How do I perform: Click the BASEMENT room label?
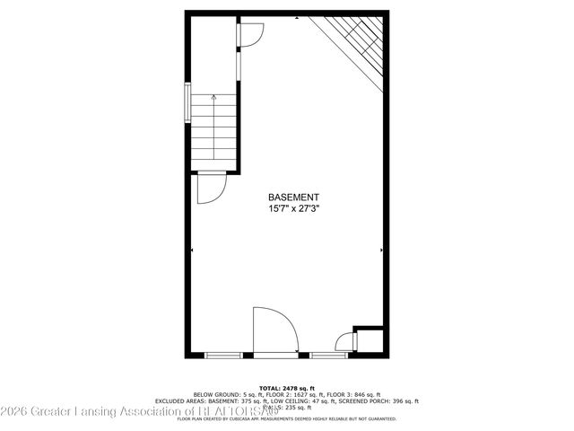point(293,198)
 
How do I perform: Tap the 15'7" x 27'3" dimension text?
point(293,208)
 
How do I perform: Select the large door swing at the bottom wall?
point(274,330)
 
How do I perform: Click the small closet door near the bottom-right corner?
point(344,342)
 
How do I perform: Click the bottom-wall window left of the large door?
point(223,356)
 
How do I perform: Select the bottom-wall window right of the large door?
point(328,356)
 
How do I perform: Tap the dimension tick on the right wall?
point(383,250)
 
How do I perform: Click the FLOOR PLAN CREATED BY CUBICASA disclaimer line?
point(287,418)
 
